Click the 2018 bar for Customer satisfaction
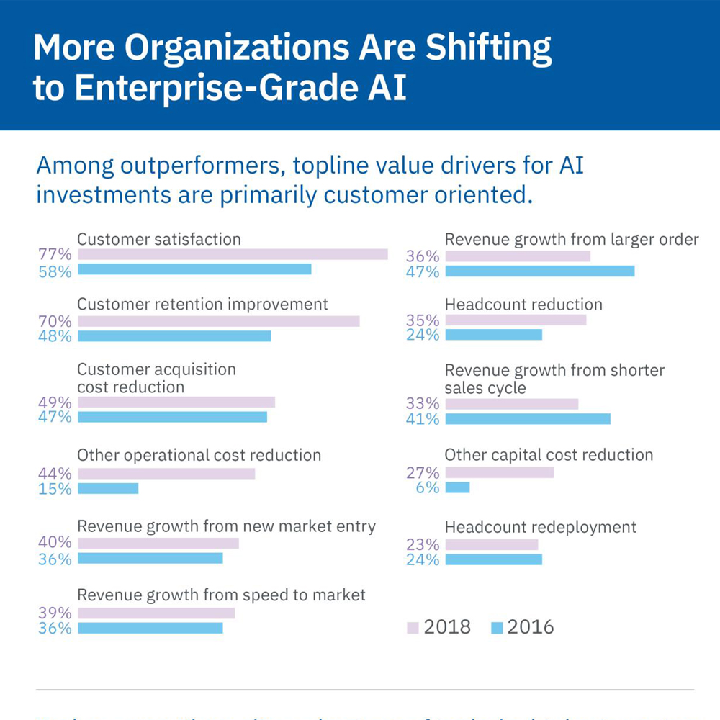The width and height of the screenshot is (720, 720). coord(233,254)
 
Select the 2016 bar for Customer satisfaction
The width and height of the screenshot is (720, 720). coord(194,269)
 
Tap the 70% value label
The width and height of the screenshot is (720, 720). coord(55,322)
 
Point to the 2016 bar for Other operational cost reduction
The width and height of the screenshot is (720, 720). coord(108,488)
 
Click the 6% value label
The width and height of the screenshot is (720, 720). coord(427,487)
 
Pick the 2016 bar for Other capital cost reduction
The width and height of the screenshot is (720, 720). coord(457,487)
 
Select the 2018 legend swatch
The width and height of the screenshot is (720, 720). coord(413,627)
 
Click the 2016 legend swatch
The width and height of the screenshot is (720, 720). coord(497,627)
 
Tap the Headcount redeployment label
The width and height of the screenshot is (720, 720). coord(541,527)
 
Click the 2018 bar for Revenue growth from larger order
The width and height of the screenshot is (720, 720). coord(518,256)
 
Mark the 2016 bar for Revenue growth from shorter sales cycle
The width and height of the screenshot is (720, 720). coord(528,419)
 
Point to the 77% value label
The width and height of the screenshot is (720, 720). coord(55,254)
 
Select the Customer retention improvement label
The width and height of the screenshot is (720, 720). coord(202,304)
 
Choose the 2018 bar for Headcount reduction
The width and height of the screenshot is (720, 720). coord(516,320)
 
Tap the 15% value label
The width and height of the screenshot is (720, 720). coord(55,489)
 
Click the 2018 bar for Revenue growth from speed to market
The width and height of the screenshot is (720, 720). coord(156,613)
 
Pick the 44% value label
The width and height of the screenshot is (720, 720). coord(55,474)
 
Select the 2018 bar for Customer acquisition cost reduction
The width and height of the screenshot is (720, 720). coord(176,402)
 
